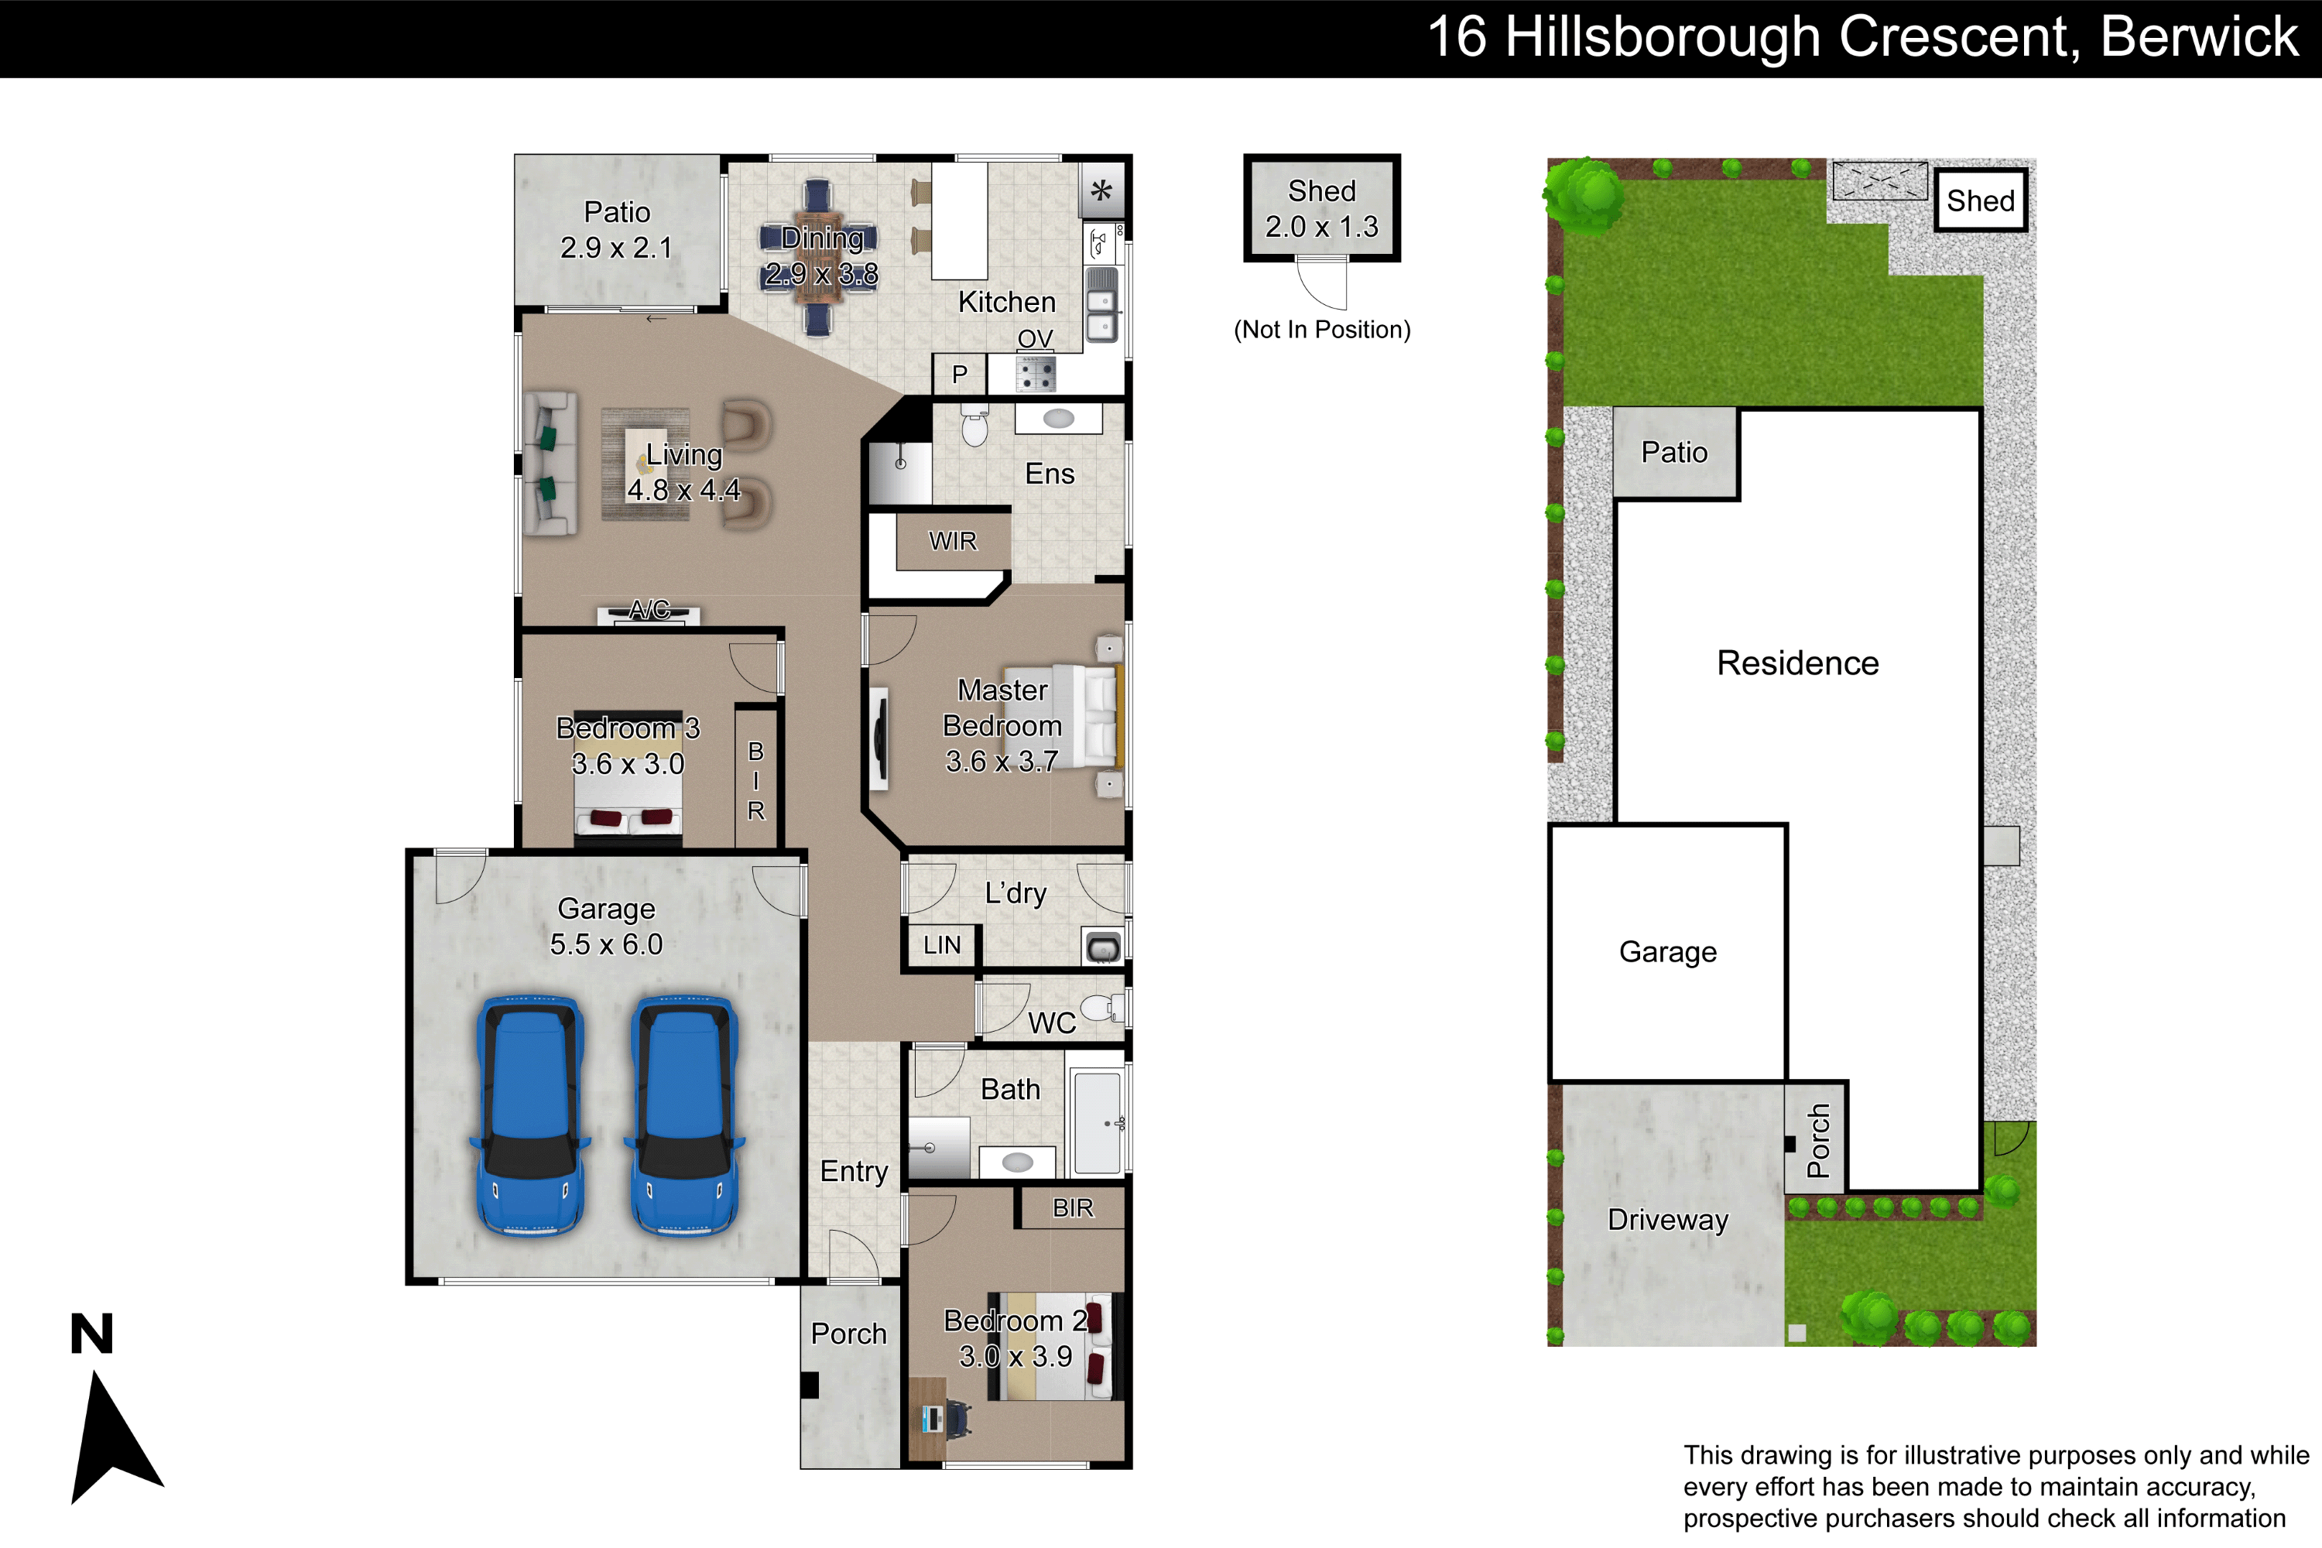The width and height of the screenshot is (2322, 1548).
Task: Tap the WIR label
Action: point(953,541)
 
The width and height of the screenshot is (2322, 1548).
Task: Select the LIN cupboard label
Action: point(942,945)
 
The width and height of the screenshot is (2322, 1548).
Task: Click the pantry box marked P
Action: point(959,374)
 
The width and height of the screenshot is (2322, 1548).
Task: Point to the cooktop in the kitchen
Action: point(1036,374)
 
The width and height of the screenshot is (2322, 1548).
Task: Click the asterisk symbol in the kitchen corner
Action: point(1101,190)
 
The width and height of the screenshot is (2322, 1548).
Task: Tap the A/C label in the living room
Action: point(649,609)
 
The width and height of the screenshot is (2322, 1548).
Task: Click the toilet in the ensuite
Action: point(974,424)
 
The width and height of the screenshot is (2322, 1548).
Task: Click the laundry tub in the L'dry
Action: point(1103,947)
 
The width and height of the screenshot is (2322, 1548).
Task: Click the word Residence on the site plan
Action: point(1798,663)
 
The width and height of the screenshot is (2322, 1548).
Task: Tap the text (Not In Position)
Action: point(1322,330)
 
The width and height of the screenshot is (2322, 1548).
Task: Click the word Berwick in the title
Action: point(2200,36)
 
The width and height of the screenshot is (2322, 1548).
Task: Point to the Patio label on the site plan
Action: point(1674,452)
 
